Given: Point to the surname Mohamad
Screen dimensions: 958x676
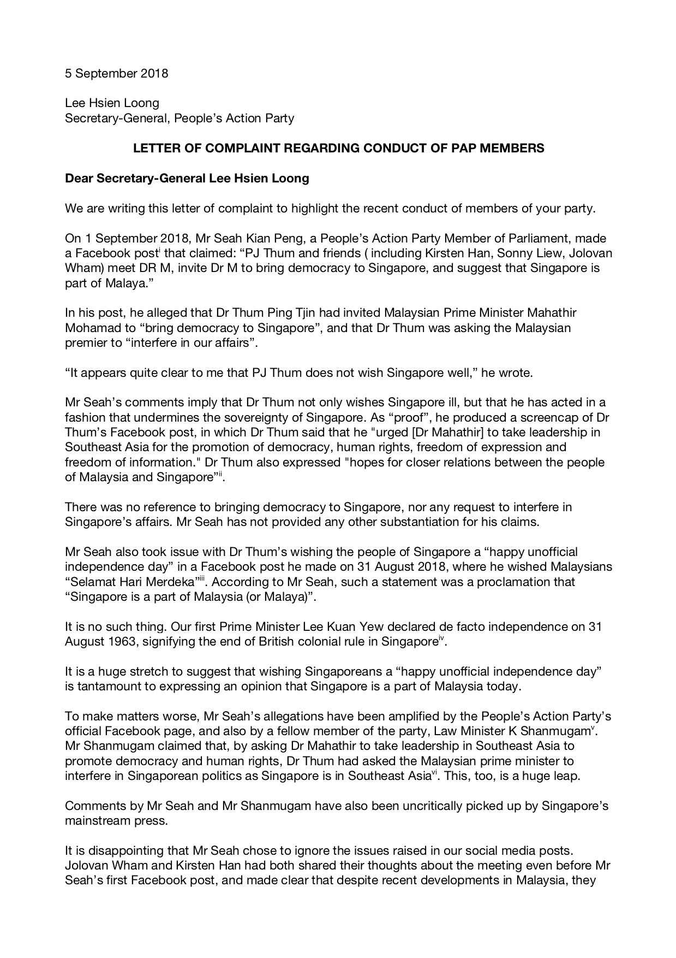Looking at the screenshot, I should (x=91, y=328).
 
